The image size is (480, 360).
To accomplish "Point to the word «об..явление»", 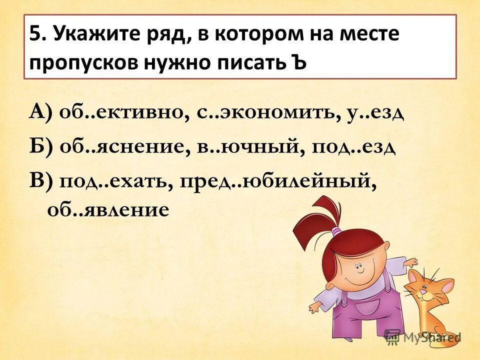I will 108,209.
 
